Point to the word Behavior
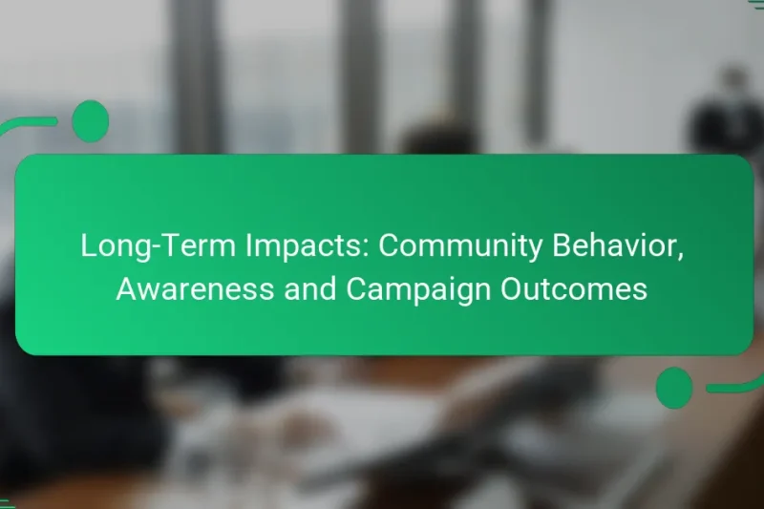[x=616, y=246]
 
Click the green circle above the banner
[x=90, y=120]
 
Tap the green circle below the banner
[x=674, y=388]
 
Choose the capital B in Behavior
[x=559, y=246]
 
